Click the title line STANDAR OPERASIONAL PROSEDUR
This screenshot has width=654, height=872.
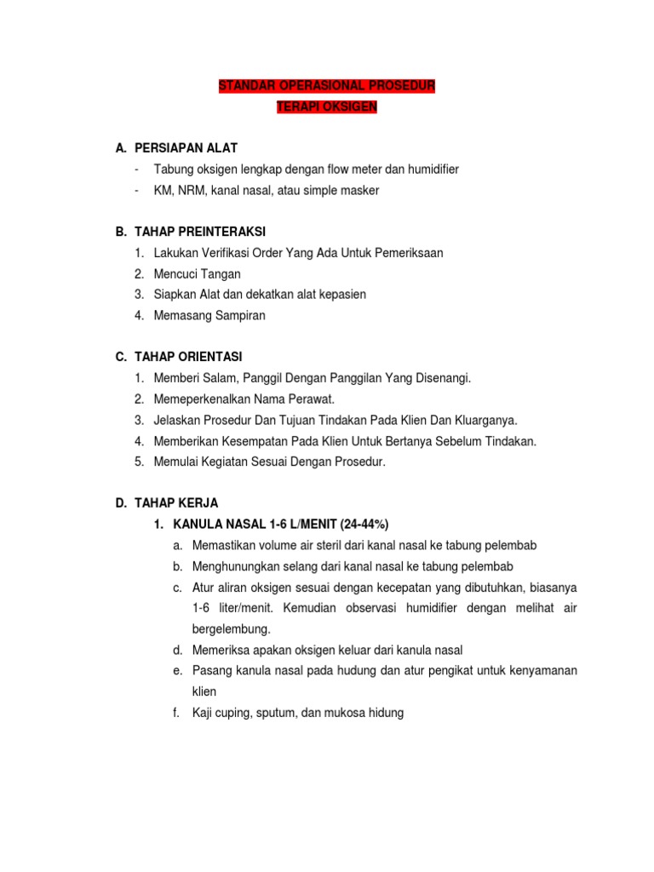(x=327, y=86)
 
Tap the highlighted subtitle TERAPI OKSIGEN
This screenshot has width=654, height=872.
(x=327, y=107)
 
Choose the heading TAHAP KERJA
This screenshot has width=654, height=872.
(x=176, y=503)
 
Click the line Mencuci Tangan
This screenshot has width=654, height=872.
(x=198, y=273)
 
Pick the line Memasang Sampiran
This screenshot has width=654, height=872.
(x=209, y=315)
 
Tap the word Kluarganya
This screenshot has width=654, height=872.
(x=480, y=420)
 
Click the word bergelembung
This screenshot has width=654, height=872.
(x=232, y=628)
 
